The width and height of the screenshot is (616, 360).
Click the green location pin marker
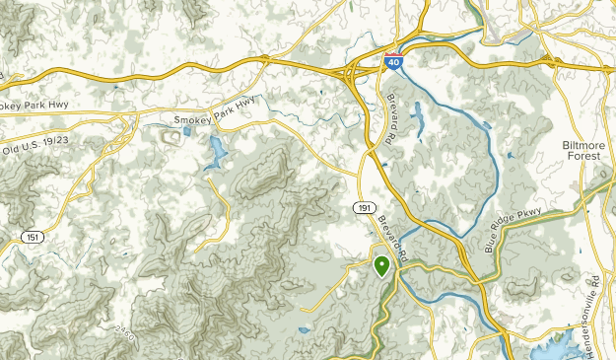point(380,264)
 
